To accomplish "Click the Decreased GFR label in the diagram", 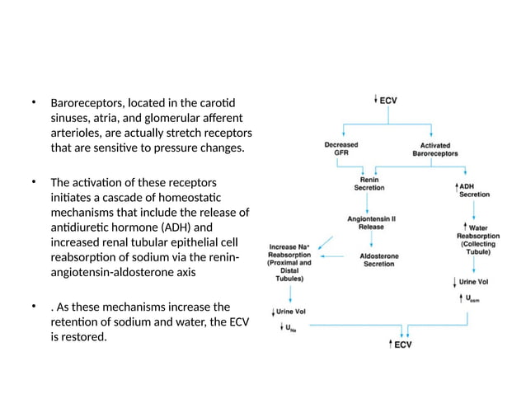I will coord(341,148).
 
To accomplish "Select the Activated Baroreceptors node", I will coord(434,148).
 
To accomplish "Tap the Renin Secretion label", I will coord(369,183).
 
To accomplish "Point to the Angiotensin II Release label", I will coord(373,223).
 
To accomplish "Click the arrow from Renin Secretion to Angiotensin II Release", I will coord(371,203).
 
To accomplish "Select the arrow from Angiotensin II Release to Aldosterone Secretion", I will coord(372,242).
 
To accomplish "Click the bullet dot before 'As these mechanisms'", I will coord(35,307).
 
